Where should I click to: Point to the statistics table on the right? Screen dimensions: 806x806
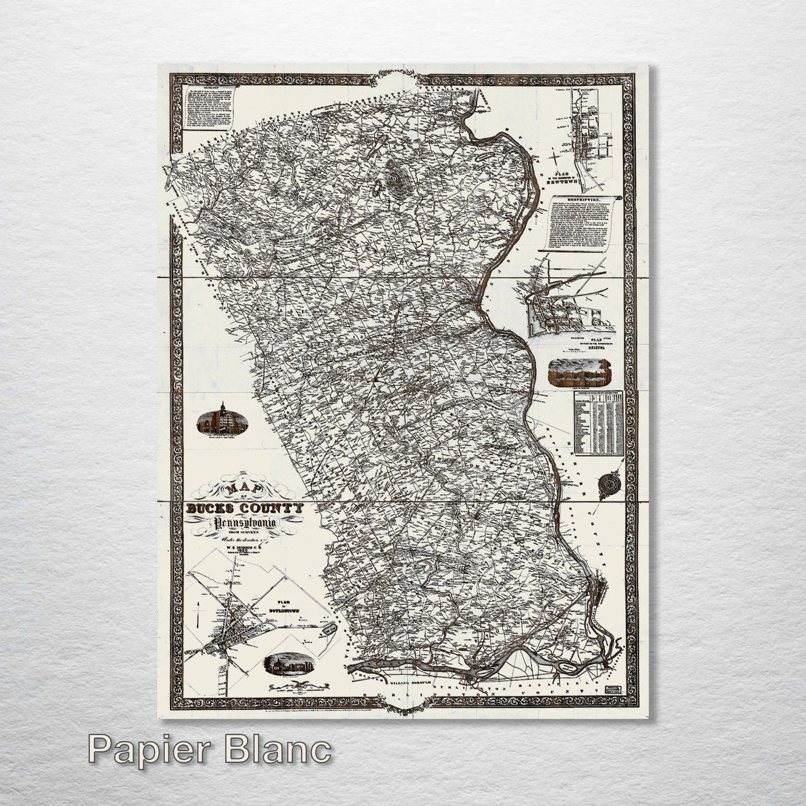pyautogui.click(x=598, y=421)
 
